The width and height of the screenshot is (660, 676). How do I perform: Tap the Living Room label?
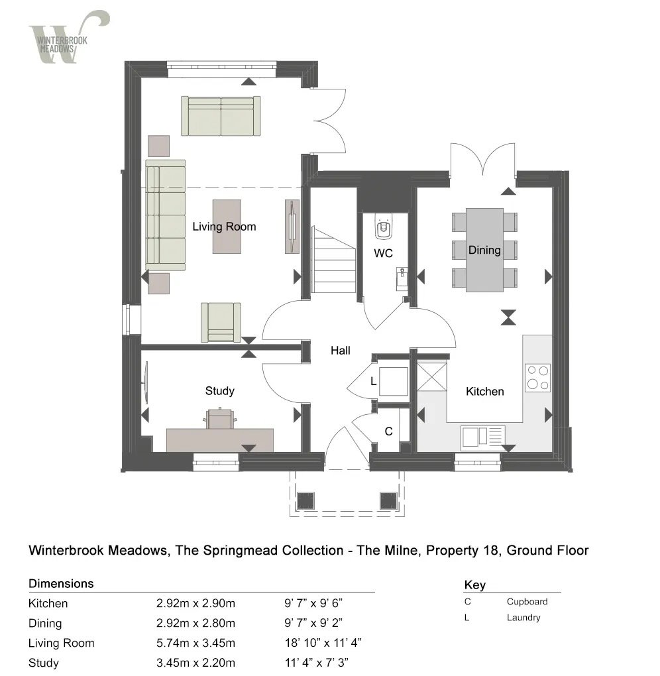point(224,227)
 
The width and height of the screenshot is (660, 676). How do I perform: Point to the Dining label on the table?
point(484,251)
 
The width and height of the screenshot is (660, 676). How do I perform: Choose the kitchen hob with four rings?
point(537,377)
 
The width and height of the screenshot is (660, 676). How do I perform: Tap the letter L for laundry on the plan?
point(374,382)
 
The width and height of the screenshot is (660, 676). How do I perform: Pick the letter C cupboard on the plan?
point(389,431)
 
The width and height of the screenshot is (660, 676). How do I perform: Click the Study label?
point(219,391)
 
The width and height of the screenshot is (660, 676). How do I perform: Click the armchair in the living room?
point(221,322)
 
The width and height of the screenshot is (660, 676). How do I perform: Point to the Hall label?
point(341,351)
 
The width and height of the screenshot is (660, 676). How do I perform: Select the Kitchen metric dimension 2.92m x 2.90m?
point(196,604)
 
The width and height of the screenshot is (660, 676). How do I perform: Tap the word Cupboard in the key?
point(527,602)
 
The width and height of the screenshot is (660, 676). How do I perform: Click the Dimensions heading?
point(61,584)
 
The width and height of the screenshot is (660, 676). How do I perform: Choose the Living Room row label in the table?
point(61,643)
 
